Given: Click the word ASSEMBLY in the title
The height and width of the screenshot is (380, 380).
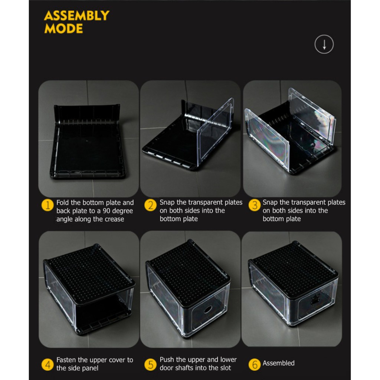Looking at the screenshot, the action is (77, 16).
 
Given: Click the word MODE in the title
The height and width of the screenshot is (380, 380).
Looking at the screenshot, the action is (64, 29).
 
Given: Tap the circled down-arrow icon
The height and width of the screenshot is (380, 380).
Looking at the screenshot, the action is (324, 45).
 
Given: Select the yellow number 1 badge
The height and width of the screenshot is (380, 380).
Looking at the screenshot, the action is (47, 205).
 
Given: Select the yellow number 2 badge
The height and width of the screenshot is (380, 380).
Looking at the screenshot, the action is (151, 205).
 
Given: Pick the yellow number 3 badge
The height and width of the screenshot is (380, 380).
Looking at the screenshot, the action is (255, 205).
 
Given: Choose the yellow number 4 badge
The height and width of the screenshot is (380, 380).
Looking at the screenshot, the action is (47, 365).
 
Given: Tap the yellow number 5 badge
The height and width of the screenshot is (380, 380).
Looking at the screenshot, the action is (151, 365).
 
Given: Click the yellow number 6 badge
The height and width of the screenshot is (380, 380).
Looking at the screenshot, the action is (255, 365).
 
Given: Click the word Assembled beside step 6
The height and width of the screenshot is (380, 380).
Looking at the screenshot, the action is (279, 363).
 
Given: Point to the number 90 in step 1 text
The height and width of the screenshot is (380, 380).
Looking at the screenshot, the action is (107, 211).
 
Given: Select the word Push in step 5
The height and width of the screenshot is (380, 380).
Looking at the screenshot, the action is (167, 359).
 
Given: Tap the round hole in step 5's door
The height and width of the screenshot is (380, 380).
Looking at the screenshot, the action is (208, 309).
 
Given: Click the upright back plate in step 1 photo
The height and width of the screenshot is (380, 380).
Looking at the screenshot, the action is (87, 114).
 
